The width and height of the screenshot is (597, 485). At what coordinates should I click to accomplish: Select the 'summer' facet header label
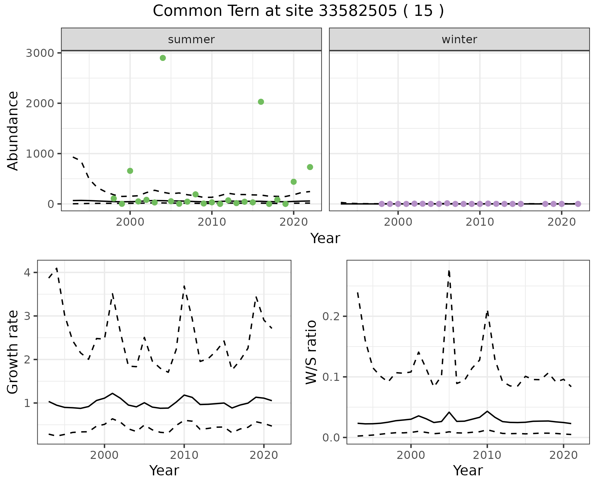(x=191, y=39)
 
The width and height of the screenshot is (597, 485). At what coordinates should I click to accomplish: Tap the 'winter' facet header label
(x=459, y=39)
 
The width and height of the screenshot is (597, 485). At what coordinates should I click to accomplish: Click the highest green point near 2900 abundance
(x=163, y=58)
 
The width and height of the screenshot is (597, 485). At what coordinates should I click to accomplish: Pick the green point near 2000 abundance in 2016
(x=261, y=102)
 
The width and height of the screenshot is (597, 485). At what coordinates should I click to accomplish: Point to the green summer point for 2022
(x=310, y=167)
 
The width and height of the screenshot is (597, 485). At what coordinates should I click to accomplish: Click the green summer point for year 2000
(x=130, y=171)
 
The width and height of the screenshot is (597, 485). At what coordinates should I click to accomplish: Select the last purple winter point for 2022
(x=578, y=204)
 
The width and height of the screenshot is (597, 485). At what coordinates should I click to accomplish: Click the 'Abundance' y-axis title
(x=13, y=131)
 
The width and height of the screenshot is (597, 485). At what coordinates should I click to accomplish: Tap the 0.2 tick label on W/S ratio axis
(x=331, y=316)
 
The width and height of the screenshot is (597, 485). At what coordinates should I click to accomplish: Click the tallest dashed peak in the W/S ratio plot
(x=449, y=271)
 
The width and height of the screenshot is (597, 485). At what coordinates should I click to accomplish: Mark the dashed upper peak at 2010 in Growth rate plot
(x=184, y=286)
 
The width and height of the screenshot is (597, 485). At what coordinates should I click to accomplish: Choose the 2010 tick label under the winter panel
(x=479, y=222)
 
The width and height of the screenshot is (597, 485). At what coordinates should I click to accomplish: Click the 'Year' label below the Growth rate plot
(x=164, y=470)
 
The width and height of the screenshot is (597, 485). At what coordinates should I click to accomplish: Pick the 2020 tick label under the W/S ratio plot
(x=563, y=455)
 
